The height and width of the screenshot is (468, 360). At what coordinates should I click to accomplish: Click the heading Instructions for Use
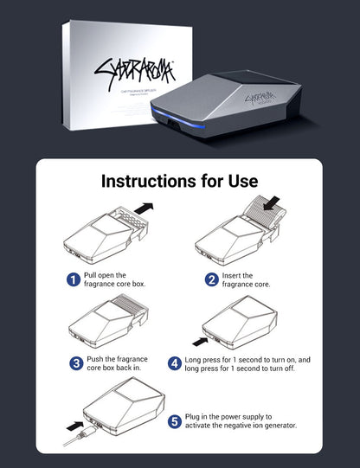tap(179, 181)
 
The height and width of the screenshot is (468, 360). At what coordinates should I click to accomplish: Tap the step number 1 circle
tap(74, 279)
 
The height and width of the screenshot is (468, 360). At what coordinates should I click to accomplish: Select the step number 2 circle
tap(211, 279)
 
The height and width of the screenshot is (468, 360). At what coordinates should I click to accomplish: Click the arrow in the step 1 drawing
tap(142, 208)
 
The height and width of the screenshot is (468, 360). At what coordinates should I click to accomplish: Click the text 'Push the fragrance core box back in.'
tap(115, 363)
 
